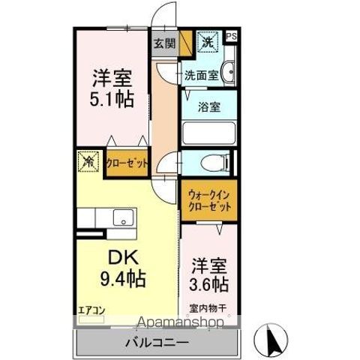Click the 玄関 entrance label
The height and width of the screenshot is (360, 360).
[x=164, y=43]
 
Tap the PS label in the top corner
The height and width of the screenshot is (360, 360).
[x=230, y=35]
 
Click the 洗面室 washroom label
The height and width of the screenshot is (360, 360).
[x=200, y=76]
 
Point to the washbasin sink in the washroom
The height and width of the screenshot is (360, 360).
[x=228, y=73]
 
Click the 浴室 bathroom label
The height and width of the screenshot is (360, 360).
[x=208, y=107]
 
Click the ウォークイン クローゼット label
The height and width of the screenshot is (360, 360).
[x=208, y=201]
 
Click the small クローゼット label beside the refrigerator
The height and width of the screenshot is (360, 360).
[x=127, y=163]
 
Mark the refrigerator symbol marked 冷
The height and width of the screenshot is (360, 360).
[x=88, y=161]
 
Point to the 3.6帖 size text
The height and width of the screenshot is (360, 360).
[x=208, y=284]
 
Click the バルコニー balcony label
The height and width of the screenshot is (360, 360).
[x=156, y=342]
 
